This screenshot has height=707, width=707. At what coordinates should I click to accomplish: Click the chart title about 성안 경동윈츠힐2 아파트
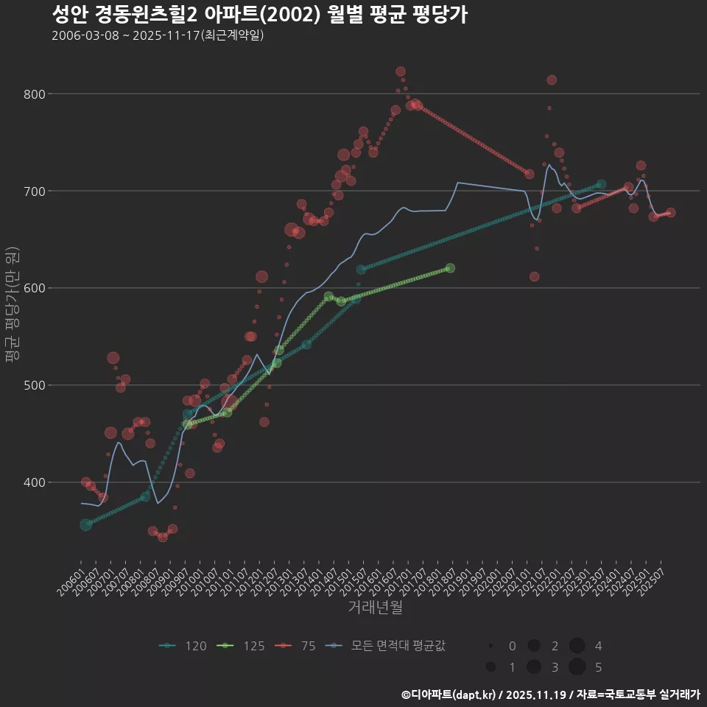(x=259, y=14)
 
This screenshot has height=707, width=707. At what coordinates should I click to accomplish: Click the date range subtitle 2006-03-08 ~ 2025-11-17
(x=158, y=35)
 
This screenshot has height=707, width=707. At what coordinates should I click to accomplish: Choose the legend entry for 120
(x=183, y=646)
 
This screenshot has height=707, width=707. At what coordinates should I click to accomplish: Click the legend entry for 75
(x=298, y=646)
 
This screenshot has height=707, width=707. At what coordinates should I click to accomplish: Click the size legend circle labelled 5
(x=577, y=666)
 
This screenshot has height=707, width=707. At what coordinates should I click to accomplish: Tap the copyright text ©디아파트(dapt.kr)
(x=449, y=694)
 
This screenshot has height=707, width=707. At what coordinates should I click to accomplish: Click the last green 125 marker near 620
(x=450, y=268)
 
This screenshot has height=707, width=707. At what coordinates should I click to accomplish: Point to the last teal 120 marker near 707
(x=601, y=184)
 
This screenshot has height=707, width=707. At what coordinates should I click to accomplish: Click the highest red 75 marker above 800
(x=401, y=71)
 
